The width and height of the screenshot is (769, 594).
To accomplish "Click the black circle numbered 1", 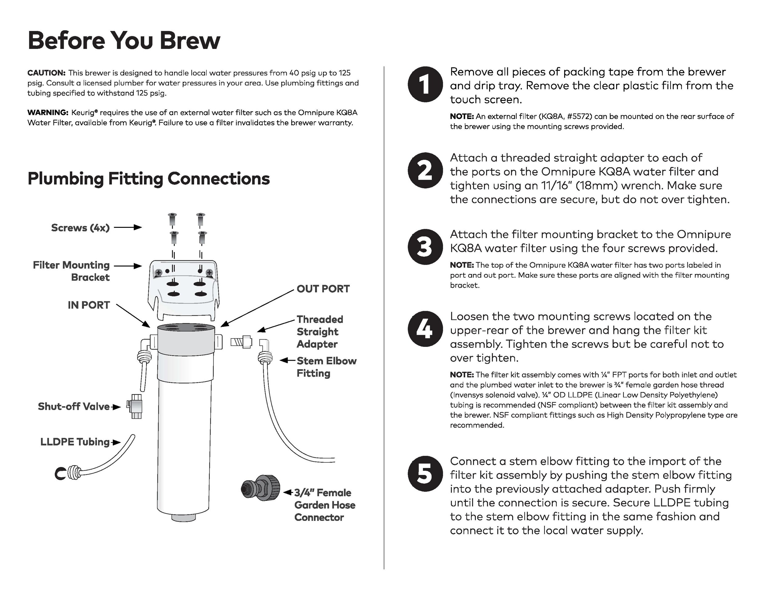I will tap(425, 84).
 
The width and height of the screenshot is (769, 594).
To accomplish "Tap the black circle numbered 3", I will tap(425, 247).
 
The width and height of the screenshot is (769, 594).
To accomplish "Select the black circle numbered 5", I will tap(425, 474).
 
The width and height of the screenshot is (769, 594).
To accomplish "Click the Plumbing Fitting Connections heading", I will tap(149, 178).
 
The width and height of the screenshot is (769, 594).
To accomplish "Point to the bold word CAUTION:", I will tap(46, 73).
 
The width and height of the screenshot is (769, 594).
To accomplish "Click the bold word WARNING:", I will tap(48, 113).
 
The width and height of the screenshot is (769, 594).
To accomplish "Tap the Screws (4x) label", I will tap(80, 228).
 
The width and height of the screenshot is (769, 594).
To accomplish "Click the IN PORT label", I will tap(89, 305).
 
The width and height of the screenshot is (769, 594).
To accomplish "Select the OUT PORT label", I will tap(323, 289).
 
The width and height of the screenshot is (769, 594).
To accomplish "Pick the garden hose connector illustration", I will tap(261, 488).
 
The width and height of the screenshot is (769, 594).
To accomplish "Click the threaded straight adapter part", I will tap(241, 342).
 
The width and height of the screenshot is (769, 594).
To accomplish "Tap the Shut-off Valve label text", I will tap(74, 406).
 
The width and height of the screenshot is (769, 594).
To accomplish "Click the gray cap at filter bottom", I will tap(183, 517).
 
